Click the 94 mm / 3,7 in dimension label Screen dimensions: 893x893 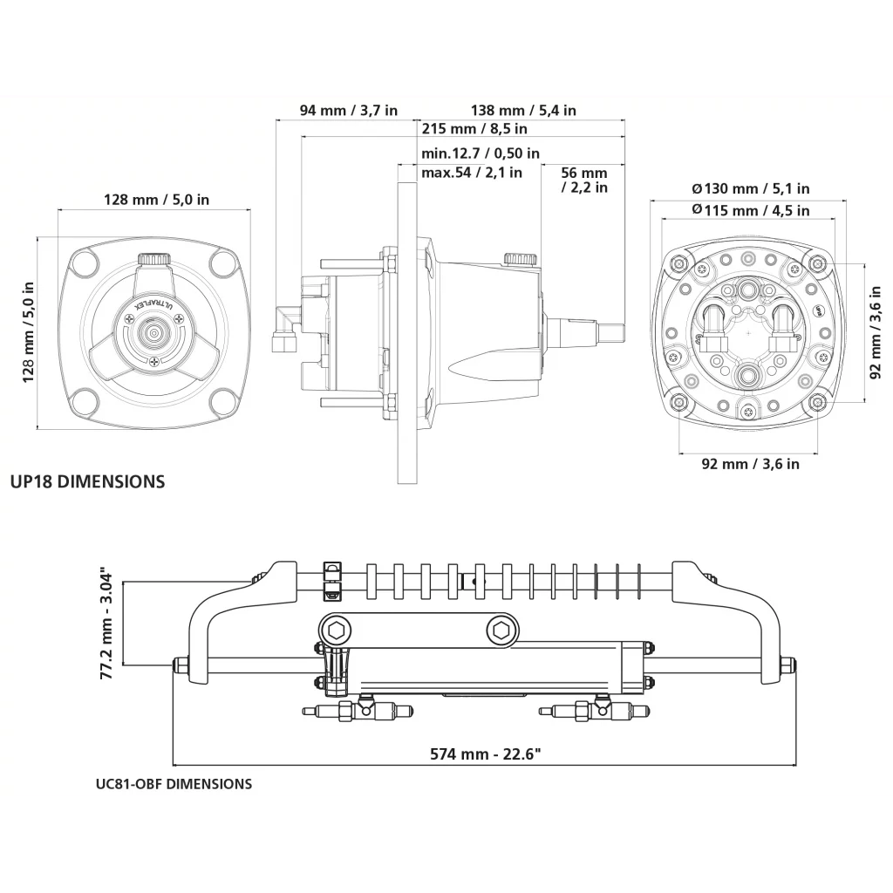pos(349,111)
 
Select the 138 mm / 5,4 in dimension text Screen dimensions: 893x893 pos(523,111)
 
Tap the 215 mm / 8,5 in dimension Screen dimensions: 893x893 pos(474,129)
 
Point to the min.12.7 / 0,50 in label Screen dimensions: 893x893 pos(480,153)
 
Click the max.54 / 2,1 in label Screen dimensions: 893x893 pos(472,173)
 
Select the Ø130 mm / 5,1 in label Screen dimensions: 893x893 pos(750,188)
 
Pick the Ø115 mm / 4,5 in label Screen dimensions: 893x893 pos(750,210)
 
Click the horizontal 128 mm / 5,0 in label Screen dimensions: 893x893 pos(157,200)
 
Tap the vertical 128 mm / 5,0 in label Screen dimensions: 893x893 pos(28,331)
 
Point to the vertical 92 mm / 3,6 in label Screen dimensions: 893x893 pos(876,332)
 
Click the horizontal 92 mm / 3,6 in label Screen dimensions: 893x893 pos(750,464)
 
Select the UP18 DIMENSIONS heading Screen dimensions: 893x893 pos(87,481)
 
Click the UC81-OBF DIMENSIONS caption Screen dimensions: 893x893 pos(174,784)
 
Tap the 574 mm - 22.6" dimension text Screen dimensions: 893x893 pos(491,754)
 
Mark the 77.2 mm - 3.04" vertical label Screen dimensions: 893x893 pos(106,624)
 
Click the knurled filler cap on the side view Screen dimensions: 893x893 pos(520,259)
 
